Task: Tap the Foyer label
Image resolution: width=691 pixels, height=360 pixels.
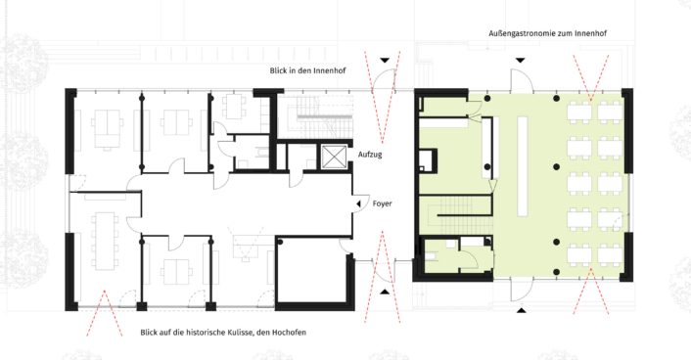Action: [382, 203]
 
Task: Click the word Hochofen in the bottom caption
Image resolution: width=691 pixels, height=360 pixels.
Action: [285, 333]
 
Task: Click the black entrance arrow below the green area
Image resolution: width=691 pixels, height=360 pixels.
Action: [522, 311]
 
